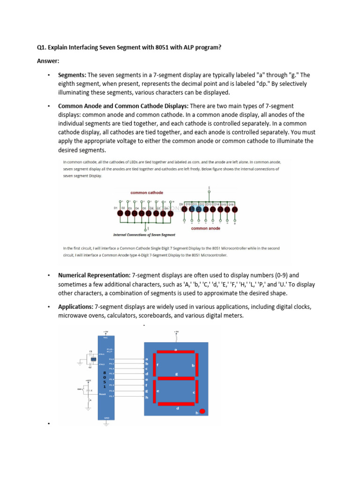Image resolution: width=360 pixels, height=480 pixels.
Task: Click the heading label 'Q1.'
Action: (43, 48)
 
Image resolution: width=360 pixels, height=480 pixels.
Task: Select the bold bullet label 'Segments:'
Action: (72, 75)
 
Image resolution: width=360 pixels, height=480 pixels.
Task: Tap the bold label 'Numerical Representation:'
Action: (94, 275)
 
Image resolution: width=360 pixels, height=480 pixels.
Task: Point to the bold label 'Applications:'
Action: (75, 307)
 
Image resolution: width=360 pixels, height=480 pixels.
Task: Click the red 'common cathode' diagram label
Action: (147, 193)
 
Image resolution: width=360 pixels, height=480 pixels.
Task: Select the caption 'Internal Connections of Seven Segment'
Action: (144, 234)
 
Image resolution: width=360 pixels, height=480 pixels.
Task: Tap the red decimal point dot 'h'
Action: (202, 411)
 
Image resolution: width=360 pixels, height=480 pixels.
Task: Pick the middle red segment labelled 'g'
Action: (176, 377)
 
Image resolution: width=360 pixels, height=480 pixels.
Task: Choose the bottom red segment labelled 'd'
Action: (177, 404)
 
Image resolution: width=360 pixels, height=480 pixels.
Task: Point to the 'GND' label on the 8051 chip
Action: (106, 417)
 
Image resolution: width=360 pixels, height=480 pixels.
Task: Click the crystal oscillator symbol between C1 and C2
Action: (93, 359)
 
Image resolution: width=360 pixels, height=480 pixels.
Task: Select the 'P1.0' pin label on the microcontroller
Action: (111, 359)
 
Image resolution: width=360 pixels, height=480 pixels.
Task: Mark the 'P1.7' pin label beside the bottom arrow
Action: (111, 396)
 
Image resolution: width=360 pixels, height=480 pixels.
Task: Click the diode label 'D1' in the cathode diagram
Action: (115, 207)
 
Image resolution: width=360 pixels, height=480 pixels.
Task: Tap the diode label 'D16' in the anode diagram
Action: (231, 204)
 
